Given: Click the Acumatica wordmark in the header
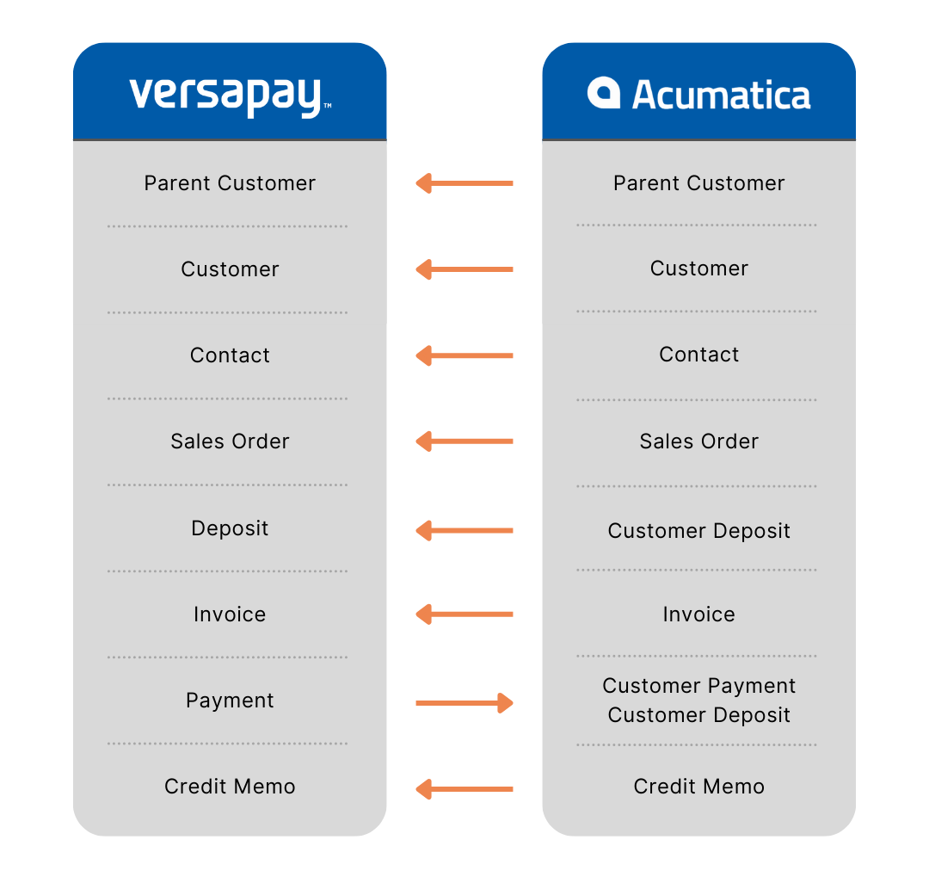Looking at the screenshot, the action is (721, 95).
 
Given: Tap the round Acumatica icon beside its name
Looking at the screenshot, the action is (604, 94).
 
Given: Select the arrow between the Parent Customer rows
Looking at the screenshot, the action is (464, 183).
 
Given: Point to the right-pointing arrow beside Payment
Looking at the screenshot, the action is (464, 703).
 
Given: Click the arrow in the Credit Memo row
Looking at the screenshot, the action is (464, 788).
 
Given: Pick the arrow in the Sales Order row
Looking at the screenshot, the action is (464, 441).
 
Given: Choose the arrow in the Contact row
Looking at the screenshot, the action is (464, 355).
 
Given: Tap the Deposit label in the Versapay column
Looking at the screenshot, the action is (230, 528).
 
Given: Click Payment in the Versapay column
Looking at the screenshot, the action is (230, 701).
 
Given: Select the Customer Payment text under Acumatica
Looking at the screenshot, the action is (698, 686).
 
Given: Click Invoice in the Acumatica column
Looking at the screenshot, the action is (698, 614).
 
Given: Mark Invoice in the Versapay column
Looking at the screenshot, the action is (230, 614).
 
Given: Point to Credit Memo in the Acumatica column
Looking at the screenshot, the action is (698, 787).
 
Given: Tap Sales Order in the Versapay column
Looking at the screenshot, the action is (230, 441).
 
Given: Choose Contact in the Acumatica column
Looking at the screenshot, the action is (698, 355).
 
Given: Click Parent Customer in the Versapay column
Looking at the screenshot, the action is (230, 183).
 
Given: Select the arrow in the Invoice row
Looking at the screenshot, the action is (464, 614).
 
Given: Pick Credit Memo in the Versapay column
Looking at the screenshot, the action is (230, 787).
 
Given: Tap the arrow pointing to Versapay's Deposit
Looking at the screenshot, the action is (464, 530).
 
